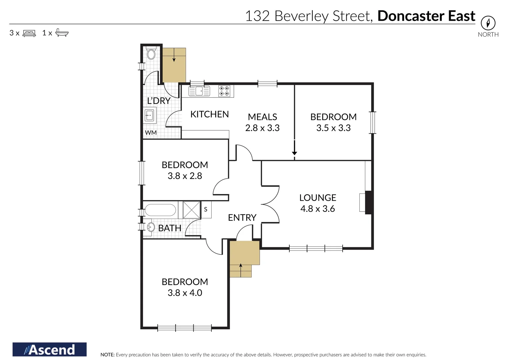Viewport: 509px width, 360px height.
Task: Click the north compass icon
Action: [x=488, y=23]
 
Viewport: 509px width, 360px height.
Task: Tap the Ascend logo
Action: [x=49, y=350]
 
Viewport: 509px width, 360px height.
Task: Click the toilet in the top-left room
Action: [x=151, y=53]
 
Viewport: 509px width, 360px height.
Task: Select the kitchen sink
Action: [x=199, y=91]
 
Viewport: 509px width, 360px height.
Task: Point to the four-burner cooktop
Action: [x=224, y=91]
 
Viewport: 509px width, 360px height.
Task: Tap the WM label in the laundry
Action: [x=151, y=133]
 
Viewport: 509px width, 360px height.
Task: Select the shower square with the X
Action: [x=192, y=210]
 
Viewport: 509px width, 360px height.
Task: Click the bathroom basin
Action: [x=151, y=227]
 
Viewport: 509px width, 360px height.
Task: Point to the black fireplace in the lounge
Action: [x=368, y=202]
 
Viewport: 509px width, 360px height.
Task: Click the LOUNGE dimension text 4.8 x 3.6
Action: [x=317, y=209]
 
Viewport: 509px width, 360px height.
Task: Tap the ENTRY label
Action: [x=242, y=218]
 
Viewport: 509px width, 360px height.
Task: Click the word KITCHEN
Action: [x=209, y=114]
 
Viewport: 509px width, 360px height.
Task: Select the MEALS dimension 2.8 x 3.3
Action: [x=262, y=128]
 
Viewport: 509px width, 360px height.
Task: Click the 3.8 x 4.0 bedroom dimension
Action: [x=185, y=293]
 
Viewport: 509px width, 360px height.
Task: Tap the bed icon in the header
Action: [x=29, y=33]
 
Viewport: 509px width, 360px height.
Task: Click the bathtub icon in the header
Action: [x=62, y=33]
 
